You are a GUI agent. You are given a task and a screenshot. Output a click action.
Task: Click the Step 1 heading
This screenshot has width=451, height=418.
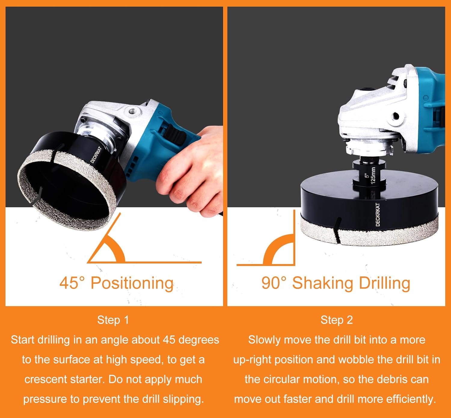click(x=113, y=320)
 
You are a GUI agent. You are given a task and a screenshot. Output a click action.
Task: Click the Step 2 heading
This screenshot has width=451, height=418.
click(x=336, y=320)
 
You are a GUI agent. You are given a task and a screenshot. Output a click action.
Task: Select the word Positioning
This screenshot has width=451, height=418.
click(x=132, y=283)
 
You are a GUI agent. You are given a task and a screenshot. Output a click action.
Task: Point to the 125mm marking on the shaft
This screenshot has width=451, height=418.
click(x=373, y=175)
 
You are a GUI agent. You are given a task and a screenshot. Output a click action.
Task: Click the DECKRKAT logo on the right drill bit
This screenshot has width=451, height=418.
click(x=378, y=214)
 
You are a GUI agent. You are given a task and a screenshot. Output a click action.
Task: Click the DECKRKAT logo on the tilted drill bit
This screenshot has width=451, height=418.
click(x=96, y=154)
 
